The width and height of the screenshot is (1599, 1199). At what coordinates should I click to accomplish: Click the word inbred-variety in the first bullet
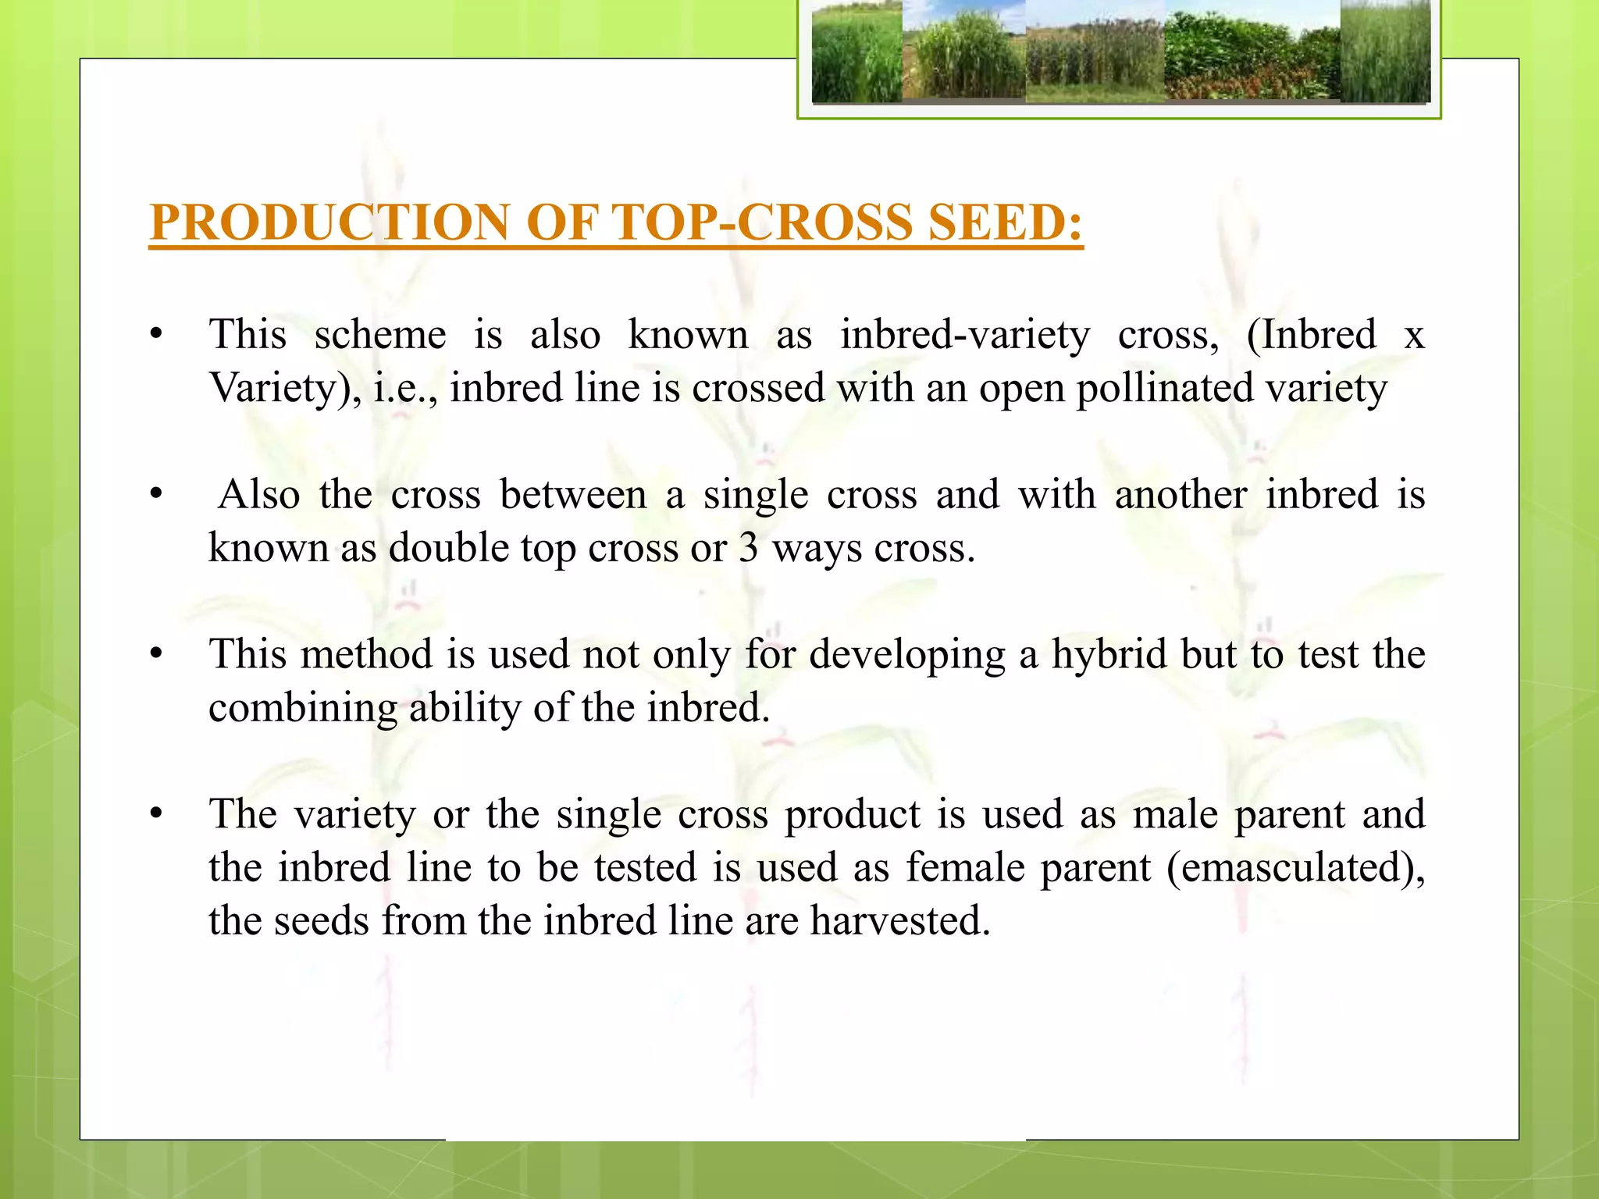point(964,336)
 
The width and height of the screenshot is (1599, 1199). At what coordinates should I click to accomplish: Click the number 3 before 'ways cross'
point(748,548)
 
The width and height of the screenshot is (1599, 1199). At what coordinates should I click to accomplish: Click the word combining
point(303,709)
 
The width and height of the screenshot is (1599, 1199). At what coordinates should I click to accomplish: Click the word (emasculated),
point(1295,868)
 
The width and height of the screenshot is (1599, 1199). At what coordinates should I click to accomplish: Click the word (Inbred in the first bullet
point(1311,336)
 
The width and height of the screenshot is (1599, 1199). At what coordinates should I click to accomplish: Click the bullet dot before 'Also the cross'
point(156,494)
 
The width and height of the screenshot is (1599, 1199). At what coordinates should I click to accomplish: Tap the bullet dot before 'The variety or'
point(156,814)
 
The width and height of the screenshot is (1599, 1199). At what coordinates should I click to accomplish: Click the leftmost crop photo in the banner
point(856,52)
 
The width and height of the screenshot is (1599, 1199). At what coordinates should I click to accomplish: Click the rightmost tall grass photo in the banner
point(1385,52)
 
